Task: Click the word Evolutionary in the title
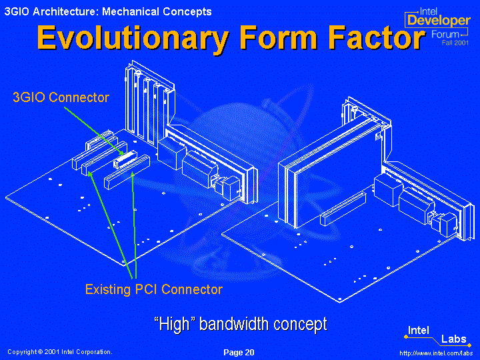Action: pyautogui.click(x=133, y=38)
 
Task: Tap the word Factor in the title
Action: pyautogui.click(x=377, y=37)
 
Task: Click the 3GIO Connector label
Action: pyautogui.click(x=61, y=97)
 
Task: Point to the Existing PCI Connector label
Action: pyautogui.click(x=154, y=289)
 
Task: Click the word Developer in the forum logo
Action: pyautogui.click(x=439, y=21)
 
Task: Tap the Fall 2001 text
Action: pyautogui.click(x=455, y=43)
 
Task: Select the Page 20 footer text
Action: pyautogui.click(x=239, y=353)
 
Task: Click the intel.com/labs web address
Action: pyautogui.click(x=436, y=353)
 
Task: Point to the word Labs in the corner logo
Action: pyautogui.click(x=454, y=339)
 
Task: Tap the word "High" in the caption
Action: pyautogui.click(x=175, y=324)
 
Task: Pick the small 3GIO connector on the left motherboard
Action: pyautogui.click(x=125, y=159)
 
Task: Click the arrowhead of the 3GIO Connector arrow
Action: pyautogui.click(x=123, y=153)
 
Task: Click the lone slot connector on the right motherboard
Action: pyautogui.click(x=343, y=209)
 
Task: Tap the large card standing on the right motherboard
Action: pyautogui.click(x=334, y=171)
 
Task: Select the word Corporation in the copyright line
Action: pyautogui.click(x=95, y=352)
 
